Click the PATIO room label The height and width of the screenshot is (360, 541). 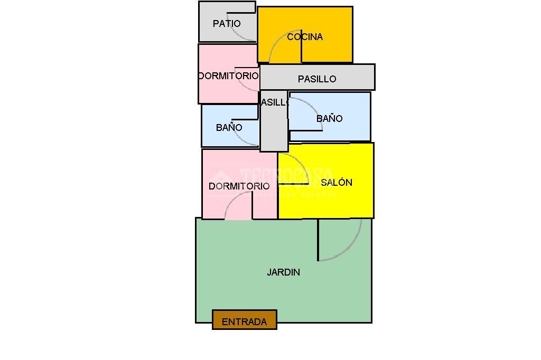pyautogui.click(x=227, y=24)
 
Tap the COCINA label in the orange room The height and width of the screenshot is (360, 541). pyautogui.click(x=305, y=37)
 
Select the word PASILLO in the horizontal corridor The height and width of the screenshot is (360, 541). pyautogui.click(x=317, y=79)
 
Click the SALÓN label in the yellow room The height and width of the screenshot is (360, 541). pyautogui.click(x=337, y=183)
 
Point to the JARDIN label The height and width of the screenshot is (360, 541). pyautogui.click(x=283, y=272)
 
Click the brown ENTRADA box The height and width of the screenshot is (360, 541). pyautogui.click(x=244, y=320)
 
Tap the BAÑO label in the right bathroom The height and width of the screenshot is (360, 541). pyautogui.click(x=329, y=119)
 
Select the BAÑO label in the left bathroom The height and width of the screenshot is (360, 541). pyautogui.click(x=229, y=128)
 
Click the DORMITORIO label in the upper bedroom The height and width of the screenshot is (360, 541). pyautogui.click(x=228, y=76)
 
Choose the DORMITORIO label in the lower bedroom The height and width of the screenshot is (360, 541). pyautogui.click(x=239, y=186)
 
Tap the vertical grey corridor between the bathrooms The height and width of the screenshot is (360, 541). pyautogui.click(x=274, y=127)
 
